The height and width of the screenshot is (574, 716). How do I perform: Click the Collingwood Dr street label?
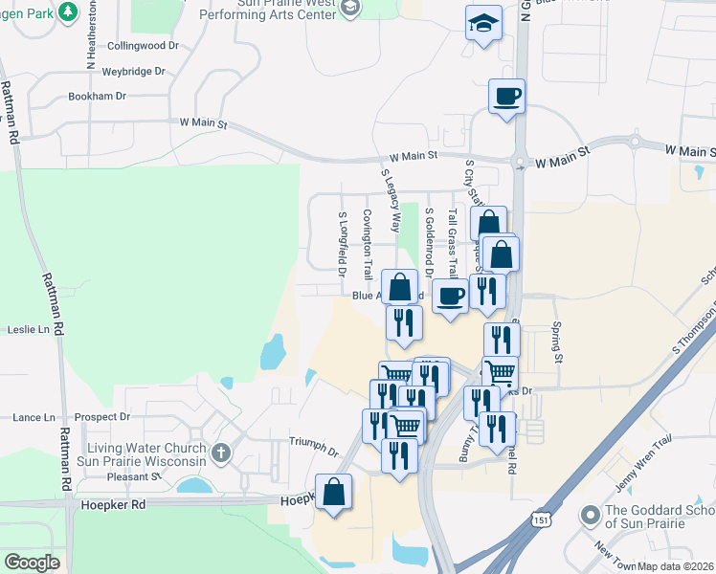point(143,46)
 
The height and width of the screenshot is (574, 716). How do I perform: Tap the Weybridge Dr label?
point(134,71)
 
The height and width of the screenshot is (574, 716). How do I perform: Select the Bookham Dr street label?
point(97,97)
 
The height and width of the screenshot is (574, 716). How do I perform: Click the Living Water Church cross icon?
point(221,452)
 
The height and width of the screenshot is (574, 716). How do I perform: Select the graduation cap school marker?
point(483,23)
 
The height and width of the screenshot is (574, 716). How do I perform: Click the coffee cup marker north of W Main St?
point(506,96)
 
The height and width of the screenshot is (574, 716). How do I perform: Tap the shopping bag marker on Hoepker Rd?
point(333,493)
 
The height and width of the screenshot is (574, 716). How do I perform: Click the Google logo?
point(32,563)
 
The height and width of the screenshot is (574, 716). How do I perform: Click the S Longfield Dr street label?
point(343,240)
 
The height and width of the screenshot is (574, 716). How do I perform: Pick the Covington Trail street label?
point(367,237)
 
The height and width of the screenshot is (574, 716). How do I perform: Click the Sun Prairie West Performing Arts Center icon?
point(350,8)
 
